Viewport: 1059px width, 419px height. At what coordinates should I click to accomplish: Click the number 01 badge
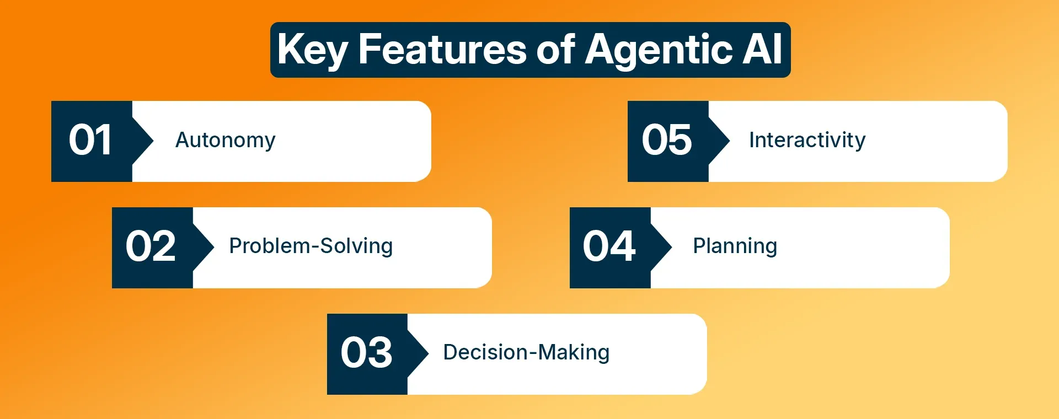point(92,141)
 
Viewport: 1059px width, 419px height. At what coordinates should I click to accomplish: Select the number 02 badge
point(152,248)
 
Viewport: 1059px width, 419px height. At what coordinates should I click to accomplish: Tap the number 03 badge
point(367,354)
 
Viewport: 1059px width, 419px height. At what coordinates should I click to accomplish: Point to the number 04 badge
point(610,248)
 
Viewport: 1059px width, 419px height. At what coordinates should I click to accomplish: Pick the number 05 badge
point(668,141)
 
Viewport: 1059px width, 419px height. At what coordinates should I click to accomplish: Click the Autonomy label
point(225,141)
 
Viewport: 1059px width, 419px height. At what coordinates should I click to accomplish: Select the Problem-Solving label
point(311,246)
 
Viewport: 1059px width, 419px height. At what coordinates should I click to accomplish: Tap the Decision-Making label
point(526,353)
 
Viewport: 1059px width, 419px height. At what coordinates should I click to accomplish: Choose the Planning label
point(735,246)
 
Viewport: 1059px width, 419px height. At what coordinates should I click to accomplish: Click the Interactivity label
point(807,141)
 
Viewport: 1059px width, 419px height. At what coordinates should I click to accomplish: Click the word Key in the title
point(312,50)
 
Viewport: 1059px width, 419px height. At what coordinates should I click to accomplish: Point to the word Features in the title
point(442,49)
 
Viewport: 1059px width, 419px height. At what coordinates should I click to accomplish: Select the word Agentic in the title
point(659,50)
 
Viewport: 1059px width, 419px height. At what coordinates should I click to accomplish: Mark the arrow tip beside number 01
point(153,141)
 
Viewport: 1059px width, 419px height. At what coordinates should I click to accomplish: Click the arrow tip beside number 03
point(429,354)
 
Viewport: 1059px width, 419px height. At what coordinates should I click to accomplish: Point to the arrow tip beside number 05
point(730,141)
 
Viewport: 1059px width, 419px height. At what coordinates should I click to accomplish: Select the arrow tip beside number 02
point(214,248)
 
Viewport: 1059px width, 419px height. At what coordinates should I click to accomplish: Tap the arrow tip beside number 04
point(672,248)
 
